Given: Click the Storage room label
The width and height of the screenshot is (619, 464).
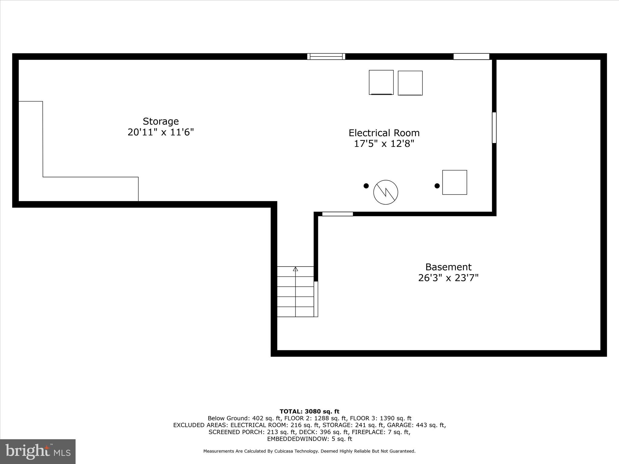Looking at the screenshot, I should [160, 121].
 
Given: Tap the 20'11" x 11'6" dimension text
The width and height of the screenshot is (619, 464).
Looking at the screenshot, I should [160, 132].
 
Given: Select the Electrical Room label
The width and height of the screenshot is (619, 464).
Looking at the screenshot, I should [384, 133].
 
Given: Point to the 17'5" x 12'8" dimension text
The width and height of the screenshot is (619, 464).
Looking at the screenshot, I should [384, 144].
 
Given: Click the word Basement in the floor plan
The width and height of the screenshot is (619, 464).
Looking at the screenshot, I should [448, 267].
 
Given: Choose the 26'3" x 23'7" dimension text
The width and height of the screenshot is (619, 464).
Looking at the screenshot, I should [448, 278].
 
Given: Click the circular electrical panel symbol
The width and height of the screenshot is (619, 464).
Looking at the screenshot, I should [386, 192].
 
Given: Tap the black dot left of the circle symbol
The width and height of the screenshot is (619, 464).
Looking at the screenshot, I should [366, 186].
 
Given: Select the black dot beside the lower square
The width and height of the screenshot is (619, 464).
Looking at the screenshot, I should [437, 186].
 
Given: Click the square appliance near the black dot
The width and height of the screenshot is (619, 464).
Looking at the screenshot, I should [455, 182].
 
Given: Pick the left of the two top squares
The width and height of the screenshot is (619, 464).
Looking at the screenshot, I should [381, 82].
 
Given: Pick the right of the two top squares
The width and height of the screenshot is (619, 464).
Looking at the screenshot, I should [410, 83].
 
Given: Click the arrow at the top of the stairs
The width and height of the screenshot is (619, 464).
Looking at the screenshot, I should [296, 269].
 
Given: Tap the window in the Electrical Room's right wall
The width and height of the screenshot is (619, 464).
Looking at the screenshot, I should [494, 127].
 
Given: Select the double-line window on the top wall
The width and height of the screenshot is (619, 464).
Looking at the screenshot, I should [326, 56].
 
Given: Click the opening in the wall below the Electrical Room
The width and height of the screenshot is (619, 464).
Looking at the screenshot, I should [337, 214].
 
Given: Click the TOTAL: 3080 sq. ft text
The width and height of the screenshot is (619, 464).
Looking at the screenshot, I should [309, 411].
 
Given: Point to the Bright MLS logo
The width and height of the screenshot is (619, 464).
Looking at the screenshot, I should [38, 451].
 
